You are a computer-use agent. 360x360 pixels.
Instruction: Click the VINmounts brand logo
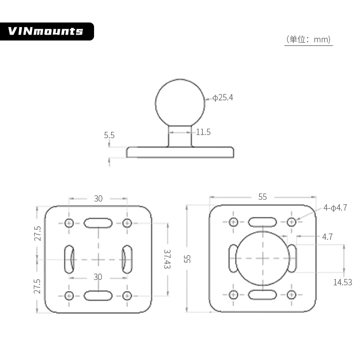(x=46, y=31)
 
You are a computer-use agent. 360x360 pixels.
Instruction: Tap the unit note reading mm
(x=309, y=40)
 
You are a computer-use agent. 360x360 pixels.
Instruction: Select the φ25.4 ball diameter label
(x=223, y=98)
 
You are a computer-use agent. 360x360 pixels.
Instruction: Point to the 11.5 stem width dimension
(x=203, y=132)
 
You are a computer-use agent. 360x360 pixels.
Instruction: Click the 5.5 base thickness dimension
(x=109, y=135)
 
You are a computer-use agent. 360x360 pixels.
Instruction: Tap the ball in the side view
(x=180, y=102)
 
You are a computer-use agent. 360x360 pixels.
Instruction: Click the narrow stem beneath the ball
(x=180, y=136)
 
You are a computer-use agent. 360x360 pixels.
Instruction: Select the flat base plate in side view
(x=180, y=152)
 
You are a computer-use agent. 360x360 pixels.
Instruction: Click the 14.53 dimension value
(x=342, y=282)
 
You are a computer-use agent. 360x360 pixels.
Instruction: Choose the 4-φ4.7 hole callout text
(x=335, y=208)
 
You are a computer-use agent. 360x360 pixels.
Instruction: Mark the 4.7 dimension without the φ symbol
(x=327, y=237)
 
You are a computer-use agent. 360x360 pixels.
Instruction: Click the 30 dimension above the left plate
(x=98, y=198)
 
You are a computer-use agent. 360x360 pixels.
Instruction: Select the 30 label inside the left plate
(x=98, y=276)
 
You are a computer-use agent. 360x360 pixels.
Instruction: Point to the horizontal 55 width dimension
(x=262, y=197)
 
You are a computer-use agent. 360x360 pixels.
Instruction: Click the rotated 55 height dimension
(x=188, y=259)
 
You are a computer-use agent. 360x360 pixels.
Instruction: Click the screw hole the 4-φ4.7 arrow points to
(x=291, y=221)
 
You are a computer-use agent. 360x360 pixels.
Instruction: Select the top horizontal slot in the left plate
(x=98, y=222)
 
